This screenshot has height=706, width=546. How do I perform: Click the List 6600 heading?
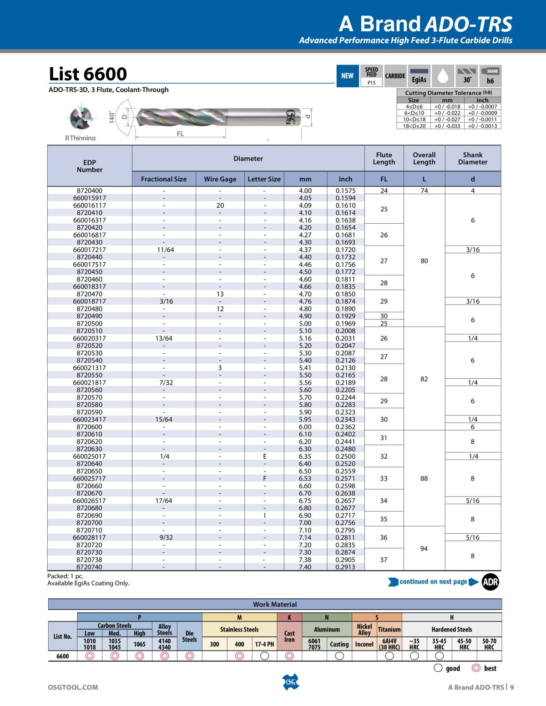pos(88,74)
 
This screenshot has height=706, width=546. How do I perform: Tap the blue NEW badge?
pos(347,76)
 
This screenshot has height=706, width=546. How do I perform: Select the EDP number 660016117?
pos(90,205)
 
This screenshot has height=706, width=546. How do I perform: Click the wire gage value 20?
pos(220,205)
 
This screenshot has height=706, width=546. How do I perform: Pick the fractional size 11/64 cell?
pos(165,250)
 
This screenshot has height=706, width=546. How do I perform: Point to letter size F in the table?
pos(265,478)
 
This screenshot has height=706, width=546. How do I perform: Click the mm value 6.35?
pos(305,456)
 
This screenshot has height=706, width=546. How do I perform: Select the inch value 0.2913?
pos(345,567)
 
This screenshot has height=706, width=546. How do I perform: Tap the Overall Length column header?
pos(424,158)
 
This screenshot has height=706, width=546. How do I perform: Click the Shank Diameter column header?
pos(473,158)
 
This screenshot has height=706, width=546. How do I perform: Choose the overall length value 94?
pos(424,548)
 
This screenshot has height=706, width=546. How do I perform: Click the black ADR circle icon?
pos(490,582)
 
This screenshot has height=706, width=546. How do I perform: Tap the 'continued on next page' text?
pos(433,582)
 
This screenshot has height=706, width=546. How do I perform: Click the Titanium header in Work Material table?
pos(389,630)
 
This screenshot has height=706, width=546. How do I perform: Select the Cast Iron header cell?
pos(289,636)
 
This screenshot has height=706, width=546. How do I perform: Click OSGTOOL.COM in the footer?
pos(73,687)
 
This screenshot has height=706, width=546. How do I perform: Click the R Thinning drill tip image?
pos(81,118)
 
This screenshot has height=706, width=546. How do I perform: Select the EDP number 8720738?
pos(90,560)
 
